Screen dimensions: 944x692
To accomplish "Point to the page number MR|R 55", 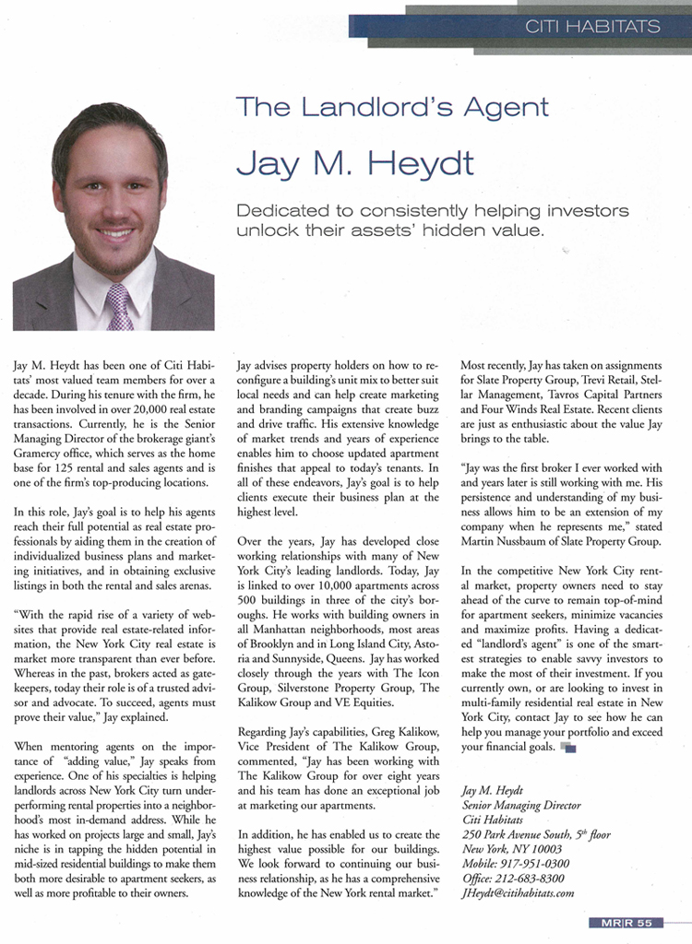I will coord(626,923).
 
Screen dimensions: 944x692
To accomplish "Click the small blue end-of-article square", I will coord(568,748).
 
